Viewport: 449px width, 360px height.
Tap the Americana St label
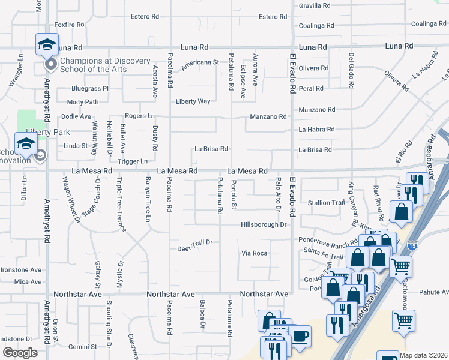click(200, 62)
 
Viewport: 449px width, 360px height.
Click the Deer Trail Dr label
click(195, 249)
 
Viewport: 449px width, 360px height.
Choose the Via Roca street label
click(254, 253)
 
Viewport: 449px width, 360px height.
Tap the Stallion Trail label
click(326, 203)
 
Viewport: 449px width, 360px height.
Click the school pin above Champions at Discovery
click(47, 44)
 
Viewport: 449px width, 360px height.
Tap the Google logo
click(20, 353)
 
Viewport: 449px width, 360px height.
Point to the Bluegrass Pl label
click(89, 88)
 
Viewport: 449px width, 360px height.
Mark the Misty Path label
click(83, 103)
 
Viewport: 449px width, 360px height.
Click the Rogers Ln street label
click(139, 116)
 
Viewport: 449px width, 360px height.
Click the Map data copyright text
click(424, 355)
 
